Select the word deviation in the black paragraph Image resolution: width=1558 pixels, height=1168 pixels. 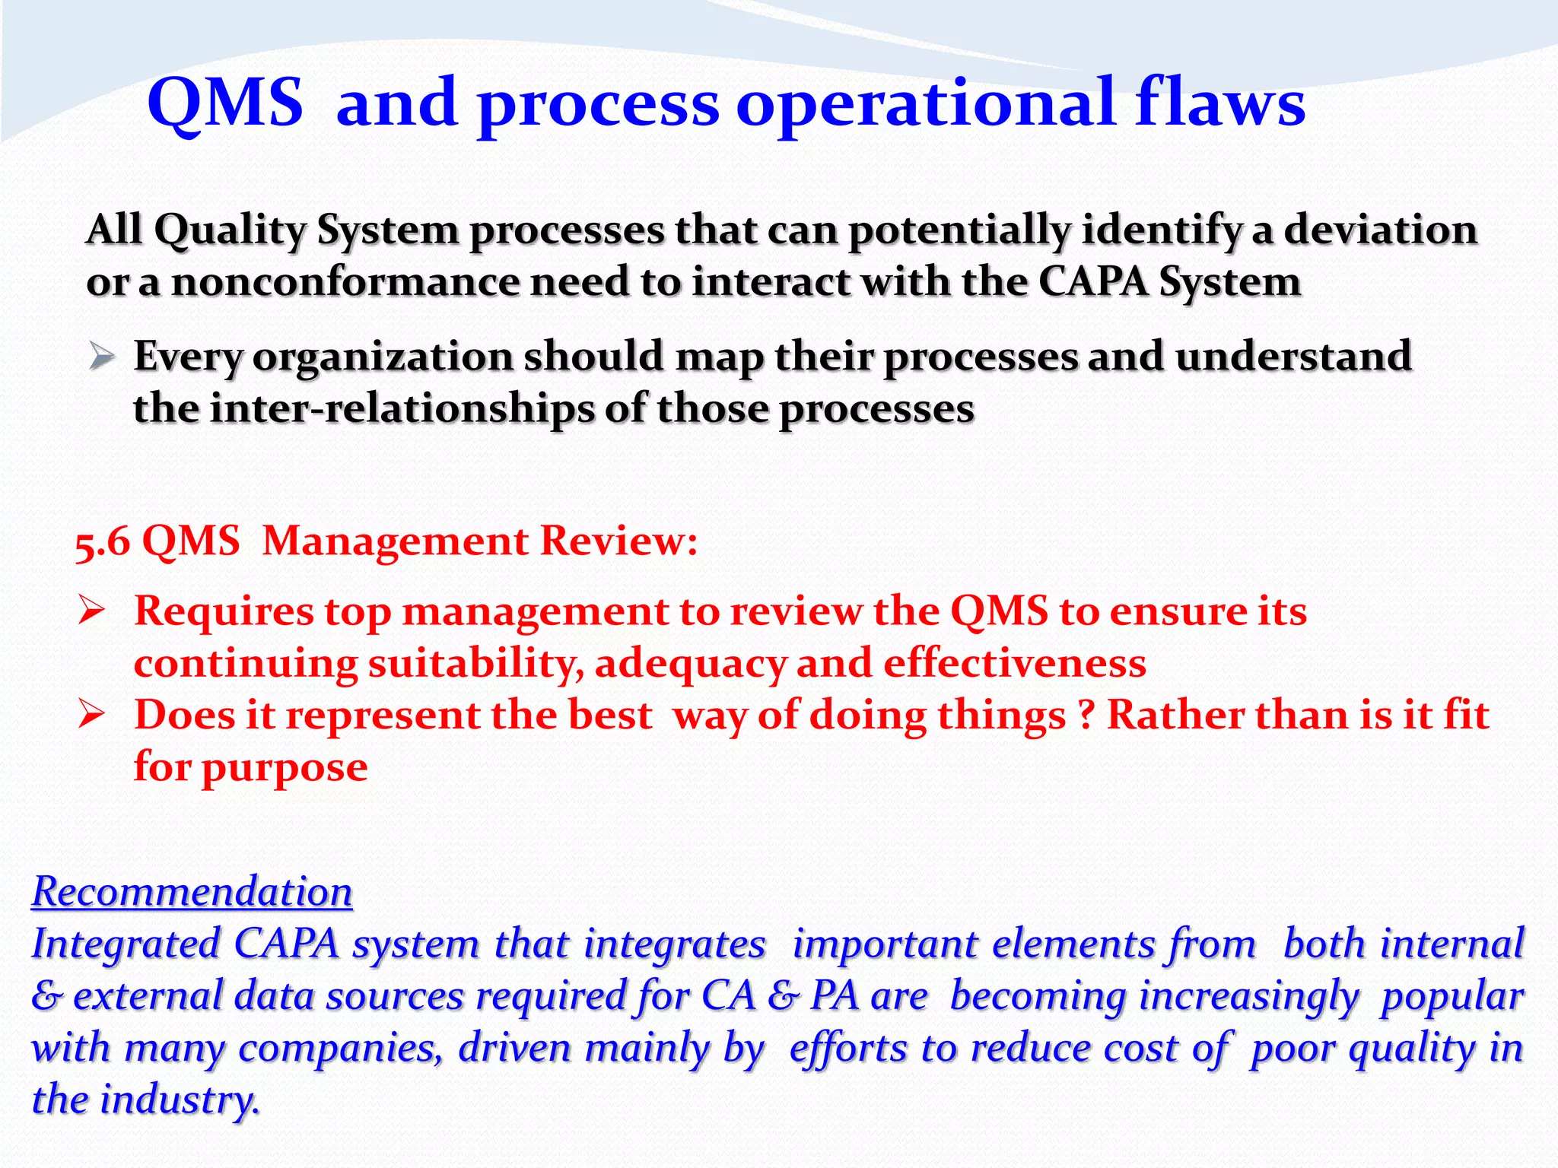1380,230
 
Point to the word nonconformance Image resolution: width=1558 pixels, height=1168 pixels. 346,282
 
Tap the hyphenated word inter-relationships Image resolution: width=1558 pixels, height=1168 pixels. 401,409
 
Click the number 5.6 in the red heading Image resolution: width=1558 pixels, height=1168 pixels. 102,542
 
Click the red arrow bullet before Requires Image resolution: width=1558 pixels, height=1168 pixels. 91,610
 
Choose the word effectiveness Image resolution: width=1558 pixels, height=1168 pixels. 1014,663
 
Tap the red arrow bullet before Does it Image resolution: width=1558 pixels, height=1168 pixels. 91,715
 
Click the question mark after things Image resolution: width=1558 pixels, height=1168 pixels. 1086,716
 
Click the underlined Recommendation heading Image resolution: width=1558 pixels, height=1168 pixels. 192,891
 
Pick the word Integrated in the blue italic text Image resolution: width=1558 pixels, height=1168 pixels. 126,944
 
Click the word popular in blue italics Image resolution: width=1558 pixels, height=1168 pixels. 1451,997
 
